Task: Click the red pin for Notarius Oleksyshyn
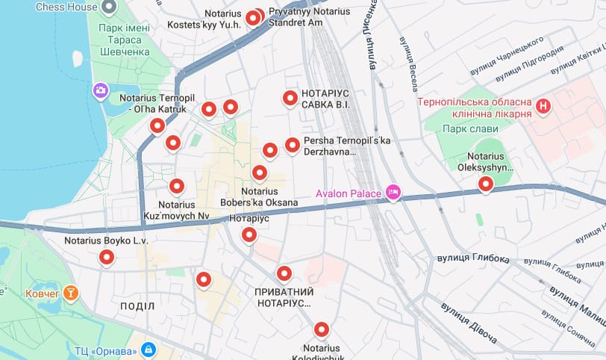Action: [x=486, y=183]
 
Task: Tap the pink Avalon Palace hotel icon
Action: [x=393, y=193]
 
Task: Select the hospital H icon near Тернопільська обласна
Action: [x=544, y=107]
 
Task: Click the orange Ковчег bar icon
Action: [x=70, y=292]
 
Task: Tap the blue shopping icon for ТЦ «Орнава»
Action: [x=149, y=350]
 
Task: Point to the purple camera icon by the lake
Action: [x=100, y=90]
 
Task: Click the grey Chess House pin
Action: [x=109, y=7]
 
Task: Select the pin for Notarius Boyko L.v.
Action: [x=107, y=258]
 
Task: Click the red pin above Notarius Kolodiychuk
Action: [x=321, y=329]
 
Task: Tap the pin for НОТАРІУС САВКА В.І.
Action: [x=290, y=98]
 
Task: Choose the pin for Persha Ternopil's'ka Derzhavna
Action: [x=293, y=144]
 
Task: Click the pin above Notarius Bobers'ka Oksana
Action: [x=259, y=173]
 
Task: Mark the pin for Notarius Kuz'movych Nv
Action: [x=177, y=186]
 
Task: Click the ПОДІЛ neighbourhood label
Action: [x=137, y=307]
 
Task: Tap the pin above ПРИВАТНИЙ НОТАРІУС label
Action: [x=283, y=273]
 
